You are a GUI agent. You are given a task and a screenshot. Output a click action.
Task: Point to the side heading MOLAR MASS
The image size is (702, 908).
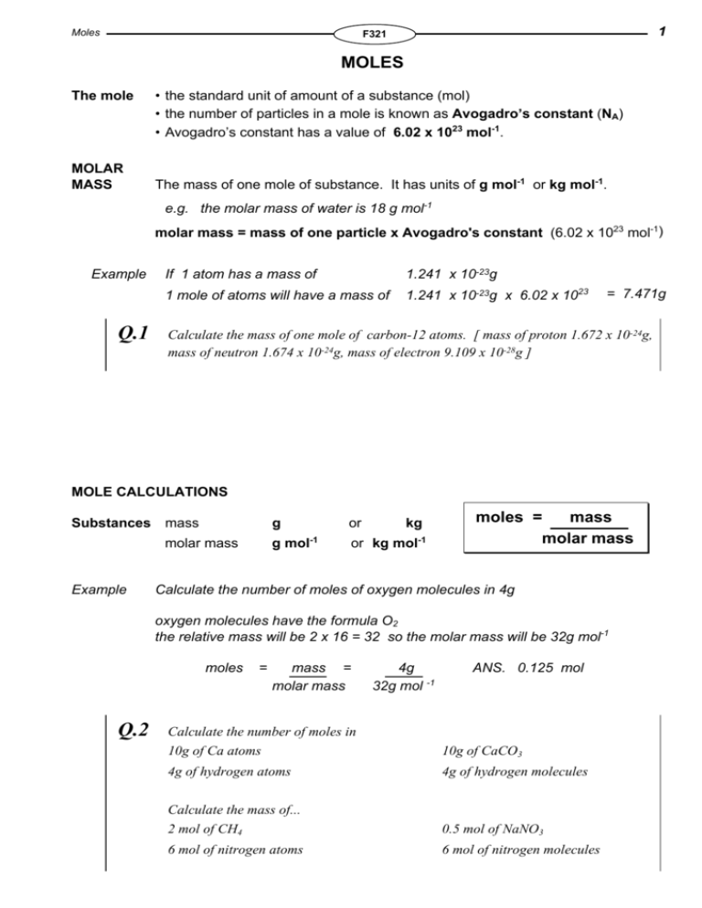tap(96, 173)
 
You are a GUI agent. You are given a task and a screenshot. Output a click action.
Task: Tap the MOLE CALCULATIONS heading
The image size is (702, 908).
tap(149, 491)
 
